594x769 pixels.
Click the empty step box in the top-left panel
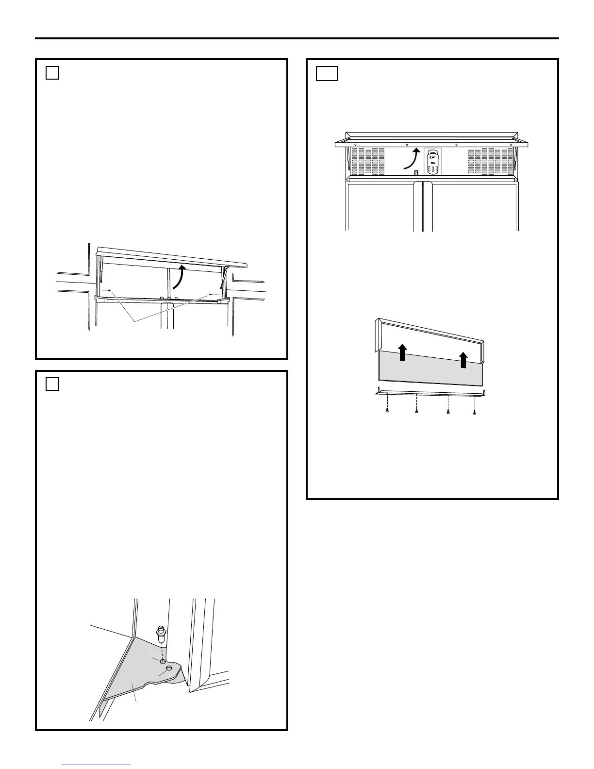(52, 73)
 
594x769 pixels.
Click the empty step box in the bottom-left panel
(52, 384)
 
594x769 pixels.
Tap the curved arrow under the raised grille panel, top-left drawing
(179, 276)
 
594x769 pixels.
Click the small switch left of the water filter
(416, 173)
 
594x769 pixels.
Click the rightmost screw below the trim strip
(475, 413)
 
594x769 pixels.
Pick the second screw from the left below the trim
(416, 412)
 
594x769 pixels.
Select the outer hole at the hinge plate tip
(169, 669)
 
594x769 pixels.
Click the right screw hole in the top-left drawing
(210, 294)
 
